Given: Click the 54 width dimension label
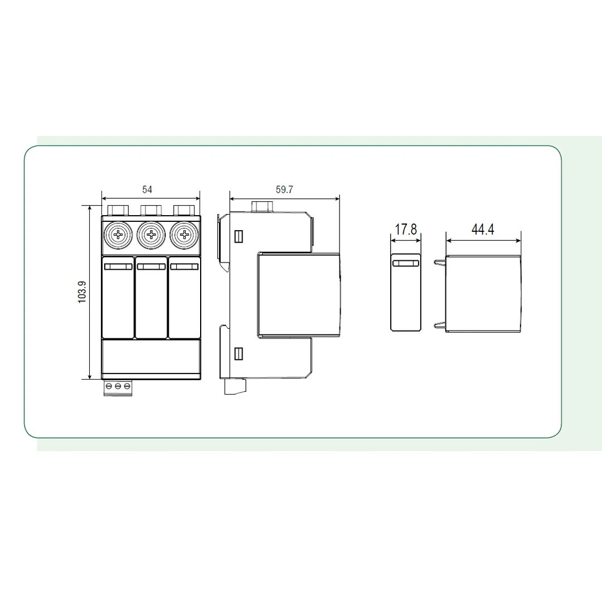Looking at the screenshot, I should (x=147, y=190).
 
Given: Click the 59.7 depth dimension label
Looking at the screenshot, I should (x=284, y=190).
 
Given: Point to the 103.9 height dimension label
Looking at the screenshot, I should (x=82, y=292).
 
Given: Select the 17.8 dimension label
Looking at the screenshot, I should (x=406, y=230).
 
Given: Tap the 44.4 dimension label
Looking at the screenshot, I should (x=483, y=230).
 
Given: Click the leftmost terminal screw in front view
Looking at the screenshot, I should (x=118, y=235).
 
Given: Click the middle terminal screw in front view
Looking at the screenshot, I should (x=151, y=235).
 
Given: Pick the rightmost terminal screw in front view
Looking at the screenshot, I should (x=183, y=235).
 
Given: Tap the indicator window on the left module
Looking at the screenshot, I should (x=118, y=267).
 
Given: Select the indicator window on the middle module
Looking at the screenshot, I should (x=151, y=267).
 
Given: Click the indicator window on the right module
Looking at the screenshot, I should (x=183, y=267).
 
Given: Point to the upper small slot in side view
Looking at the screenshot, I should (x=239, y=236).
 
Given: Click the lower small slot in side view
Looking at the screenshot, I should (x=239, y=353).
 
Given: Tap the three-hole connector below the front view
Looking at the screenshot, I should (x=118, y=386).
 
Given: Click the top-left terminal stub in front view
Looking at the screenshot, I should (x=118, y=210).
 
